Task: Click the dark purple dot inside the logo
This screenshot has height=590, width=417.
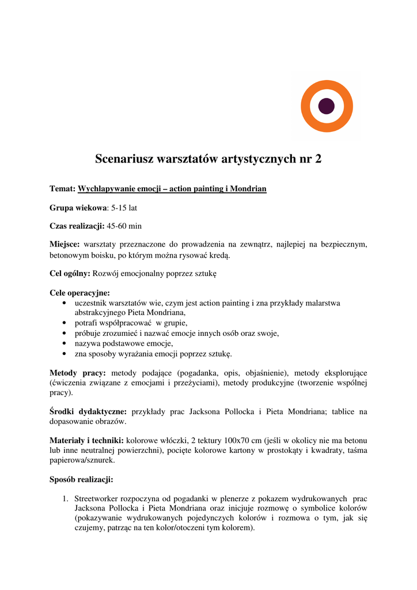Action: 327,106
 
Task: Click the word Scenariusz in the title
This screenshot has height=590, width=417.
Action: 123,158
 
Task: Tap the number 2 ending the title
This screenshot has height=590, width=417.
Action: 318,158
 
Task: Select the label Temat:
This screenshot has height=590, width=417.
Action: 63,188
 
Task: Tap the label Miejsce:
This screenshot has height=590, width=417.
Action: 65,244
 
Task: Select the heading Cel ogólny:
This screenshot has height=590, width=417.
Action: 70,273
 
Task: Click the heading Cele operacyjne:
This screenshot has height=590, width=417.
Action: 79,292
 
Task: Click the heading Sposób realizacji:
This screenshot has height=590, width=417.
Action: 81,479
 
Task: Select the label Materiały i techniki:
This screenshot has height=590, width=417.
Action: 86,441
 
